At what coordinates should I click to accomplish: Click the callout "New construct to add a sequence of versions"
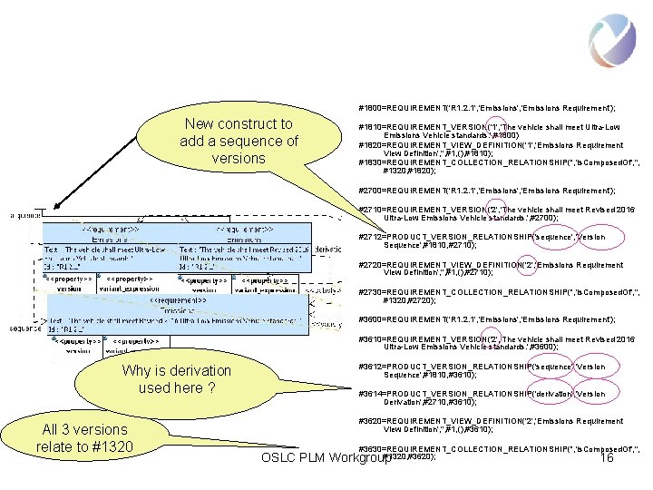click(x=239, y=141)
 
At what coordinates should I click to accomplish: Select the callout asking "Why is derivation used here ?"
click(x=176, y=379)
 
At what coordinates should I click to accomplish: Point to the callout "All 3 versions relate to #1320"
click(x=84, y=437)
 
